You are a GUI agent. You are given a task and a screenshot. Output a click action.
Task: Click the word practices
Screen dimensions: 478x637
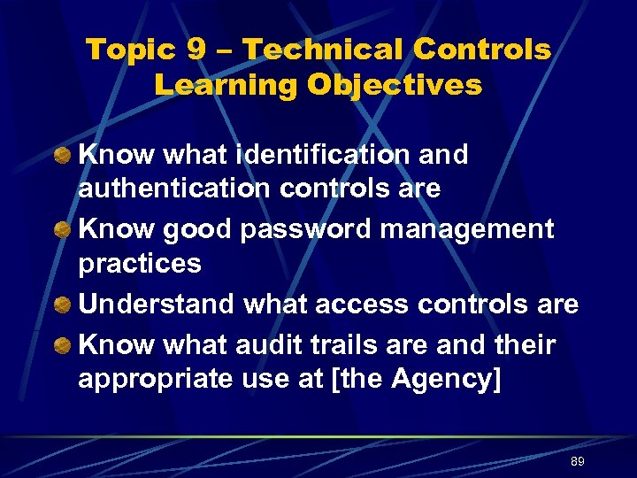(140, 264)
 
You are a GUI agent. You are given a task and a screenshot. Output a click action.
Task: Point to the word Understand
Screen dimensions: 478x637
(157, 304)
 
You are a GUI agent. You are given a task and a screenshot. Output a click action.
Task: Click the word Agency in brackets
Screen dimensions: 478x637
(447, 379)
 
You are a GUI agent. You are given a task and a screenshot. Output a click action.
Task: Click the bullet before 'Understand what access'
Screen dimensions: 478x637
(62, 305)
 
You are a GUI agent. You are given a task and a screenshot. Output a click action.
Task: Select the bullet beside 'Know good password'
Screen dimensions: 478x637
(62, 230)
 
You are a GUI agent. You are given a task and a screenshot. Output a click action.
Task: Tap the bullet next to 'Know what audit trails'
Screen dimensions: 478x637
(62, 345)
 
